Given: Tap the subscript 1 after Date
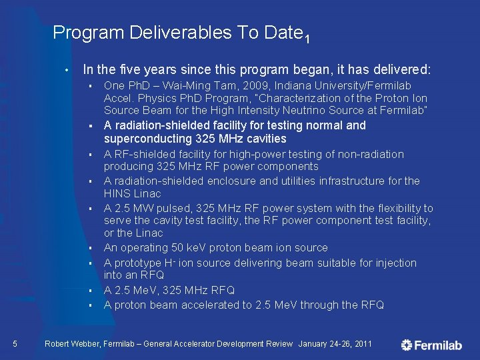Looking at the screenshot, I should click(307, 39).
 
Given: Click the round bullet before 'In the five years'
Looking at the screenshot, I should click(67, 70).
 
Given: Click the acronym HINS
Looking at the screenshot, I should click(117, 193).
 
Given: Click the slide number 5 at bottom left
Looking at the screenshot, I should click(15, 344).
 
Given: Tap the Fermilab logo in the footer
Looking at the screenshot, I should click(432, 345).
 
